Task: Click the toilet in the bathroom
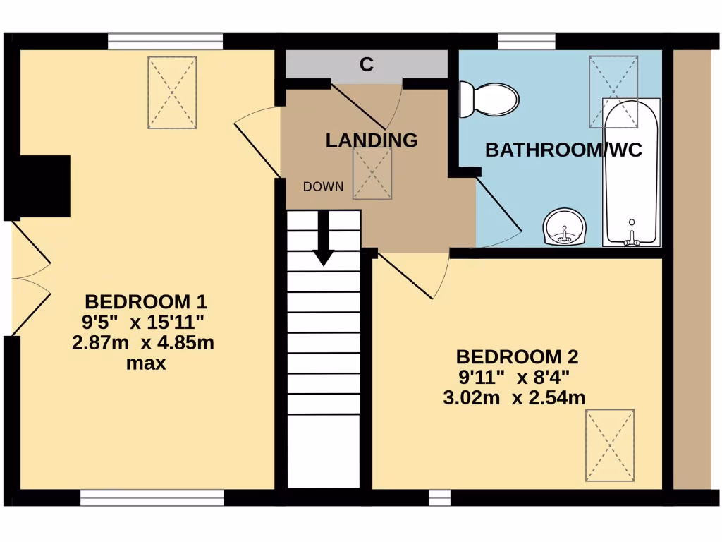click(x=489, y=98)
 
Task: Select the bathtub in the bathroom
click(x=632, y=173)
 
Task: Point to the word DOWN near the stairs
click(x=324, y=187)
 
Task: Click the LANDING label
click(x=371, y=140)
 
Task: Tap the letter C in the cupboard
click(x=367, y=65)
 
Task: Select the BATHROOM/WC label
click(x=564, y=150)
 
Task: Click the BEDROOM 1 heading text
click(x=145, y=302)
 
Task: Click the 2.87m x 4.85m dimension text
click(x=143, y=344)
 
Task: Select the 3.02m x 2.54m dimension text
click(x=514, y=397)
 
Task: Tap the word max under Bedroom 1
click(x=145, y=364)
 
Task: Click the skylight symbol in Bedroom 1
click(x=172, y=92)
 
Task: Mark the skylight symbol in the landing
click(x=372, y=174)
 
